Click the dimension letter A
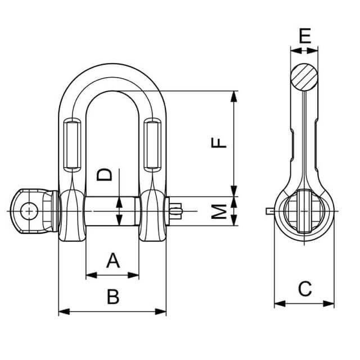pos(113,261)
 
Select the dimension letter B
pos(113,296)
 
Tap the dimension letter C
pos(304,289)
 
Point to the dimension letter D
pos(105,175)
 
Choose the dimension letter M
pos(220,211)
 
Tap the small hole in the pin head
pos(28,211)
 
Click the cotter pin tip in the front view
pos(177,211)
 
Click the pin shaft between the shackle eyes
pos(111,211)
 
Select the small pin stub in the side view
pos(269,212)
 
